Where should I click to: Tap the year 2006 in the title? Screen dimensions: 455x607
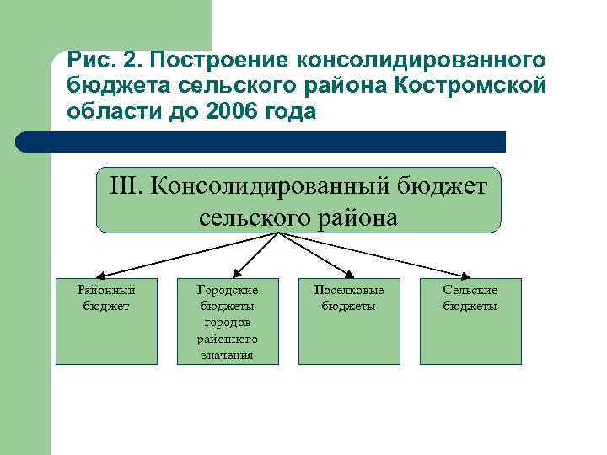(x=232, y=112)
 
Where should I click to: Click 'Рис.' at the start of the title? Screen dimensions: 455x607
(x=91, y=61)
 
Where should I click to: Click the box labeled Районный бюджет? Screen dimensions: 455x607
(x=106, y=321)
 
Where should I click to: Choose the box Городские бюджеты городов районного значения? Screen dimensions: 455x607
(x=228, y=321)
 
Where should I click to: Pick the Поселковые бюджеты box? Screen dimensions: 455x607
(x=349, y=321)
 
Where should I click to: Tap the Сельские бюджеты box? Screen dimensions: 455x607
(x=470, y=321)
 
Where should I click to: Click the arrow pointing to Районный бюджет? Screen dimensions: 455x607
(x=185, y=256)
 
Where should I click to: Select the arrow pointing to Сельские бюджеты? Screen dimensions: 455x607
(x=379, y=256)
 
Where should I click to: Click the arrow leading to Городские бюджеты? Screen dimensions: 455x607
(x=249, y=257)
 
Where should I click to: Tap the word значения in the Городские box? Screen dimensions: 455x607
(x=228, y=356)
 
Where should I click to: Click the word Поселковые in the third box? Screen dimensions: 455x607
(x=349, y=290)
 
